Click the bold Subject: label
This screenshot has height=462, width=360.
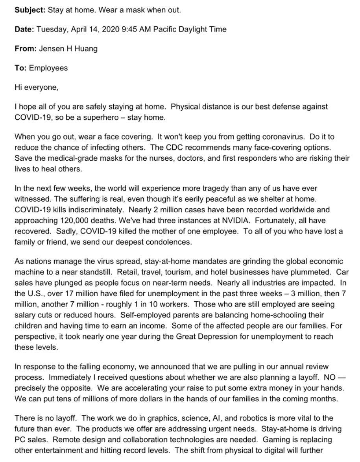(30, 10)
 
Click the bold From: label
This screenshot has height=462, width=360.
(26, 49)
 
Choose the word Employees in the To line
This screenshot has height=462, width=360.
(48, 68)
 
